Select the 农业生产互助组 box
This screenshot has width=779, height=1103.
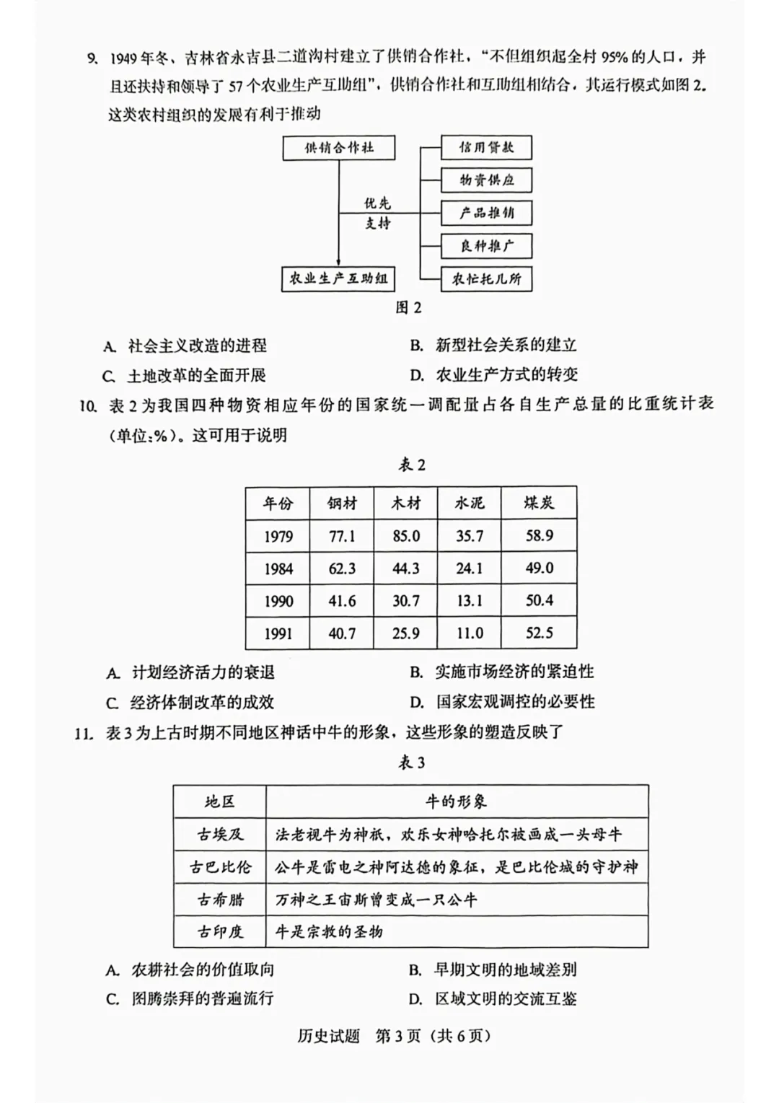click(x=338, y=278)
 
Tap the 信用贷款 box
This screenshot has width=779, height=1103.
click(x=486, y=148)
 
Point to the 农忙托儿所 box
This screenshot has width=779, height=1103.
click(x=486, y=278)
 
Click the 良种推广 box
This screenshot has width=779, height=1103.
click(x=486, y=246)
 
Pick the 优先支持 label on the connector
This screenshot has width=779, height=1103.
click(x=377, y=214)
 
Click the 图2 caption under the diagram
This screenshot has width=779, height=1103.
click(x=408, y=308)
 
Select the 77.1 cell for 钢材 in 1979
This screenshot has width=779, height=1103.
click(x=341, y=536)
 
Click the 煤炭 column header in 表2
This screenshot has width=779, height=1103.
click(x=539, y=503)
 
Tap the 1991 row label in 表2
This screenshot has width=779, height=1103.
click(x=278, y=633)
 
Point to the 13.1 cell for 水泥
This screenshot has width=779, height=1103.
click(x=469, y=601)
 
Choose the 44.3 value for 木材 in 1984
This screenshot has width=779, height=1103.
click(x=405, y=568)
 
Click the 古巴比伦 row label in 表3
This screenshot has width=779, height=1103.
click(x=220, y=867)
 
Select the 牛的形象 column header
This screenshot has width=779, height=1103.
click(x=457, y=801)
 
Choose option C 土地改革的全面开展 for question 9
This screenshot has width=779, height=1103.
click(x=185, y=376)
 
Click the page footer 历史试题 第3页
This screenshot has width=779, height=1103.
click(x=394, y=1036)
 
